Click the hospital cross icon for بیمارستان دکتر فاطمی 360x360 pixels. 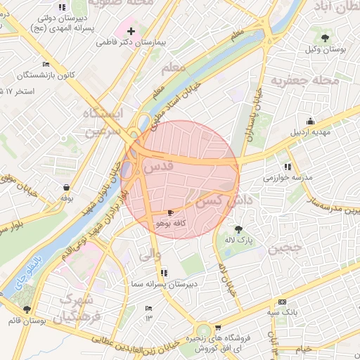pyautogui.click(x=131, y=32)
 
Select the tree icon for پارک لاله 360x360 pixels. pyautogui.click(x=238, y=229)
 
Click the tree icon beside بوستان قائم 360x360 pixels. pyautogui.click(x=27, y=309)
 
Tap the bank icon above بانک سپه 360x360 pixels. pyautogui.click(x=282, y=300)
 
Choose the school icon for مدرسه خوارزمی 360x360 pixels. pyautogui.click(x=288, y=167)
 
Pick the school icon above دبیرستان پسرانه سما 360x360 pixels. pyautogui.click(x=164, y=272)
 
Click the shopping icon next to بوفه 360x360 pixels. pyautogui.click(x=66, y=188)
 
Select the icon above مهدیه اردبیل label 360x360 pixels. pyautogui.click(x=310, y=121)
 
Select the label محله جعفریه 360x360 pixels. pyautogui.click(x=311, y=80)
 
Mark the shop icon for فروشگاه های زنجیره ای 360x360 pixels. pyautogui.click(x=217, y=328)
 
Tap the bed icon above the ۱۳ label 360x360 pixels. pyautogui.click(x=148, y=309)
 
